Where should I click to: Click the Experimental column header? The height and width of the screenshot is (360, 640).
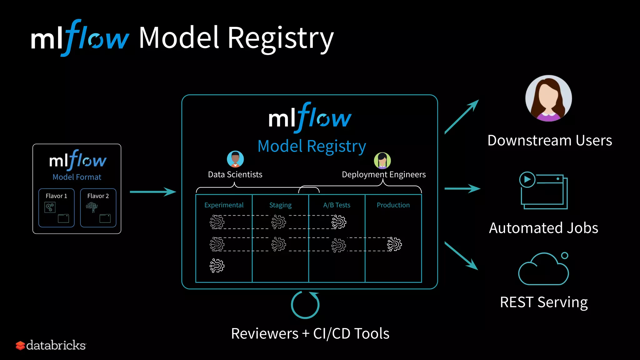click(224, 205)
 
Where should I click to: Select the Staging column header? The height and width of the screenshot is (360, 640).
click(280, 205)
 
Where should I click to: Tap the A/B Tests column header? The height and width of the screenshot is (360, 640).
click(337, 205)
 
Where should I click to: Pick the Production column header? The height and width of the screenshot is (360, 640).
click(393, 205)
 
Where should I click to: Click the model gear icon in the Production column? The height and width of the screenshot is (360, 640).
click(394, 244)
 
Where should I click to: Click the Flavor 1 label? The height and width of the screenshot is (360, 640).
click(56, 196)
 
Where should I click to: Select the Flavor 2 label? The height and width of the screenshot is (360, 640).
click(98, 196)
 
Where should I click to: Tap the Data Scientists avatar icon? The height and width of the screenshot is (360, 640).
click(235, 159)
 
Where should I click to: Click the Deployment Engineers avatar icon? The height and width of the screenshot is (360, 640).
click(382, 161)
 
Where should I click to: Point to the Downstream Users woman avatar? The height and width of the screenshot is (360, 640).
click(548, 98)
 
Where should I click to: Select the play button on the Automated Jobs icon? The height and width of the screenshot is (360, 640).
click(527, 179)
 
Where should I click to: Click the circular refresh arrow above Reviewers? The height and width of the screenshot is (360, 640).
click(305, 305)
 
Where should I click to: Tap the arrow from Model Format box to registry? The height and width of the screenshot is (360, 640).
click(153, 192)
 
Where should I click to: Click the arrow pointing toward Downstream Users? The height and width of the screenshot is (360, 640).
click(462, 117)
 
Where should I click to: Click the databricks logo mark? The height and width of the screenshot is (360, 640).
click(20, 345)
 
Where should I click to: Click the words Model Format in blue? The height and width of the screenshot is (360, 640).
click(77, 177)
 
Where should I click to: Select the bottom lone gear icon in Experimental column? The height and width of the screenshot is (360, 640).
click(217, 266)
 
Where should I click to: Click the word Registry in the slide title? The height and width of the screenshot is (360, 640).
click(281, 39)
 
